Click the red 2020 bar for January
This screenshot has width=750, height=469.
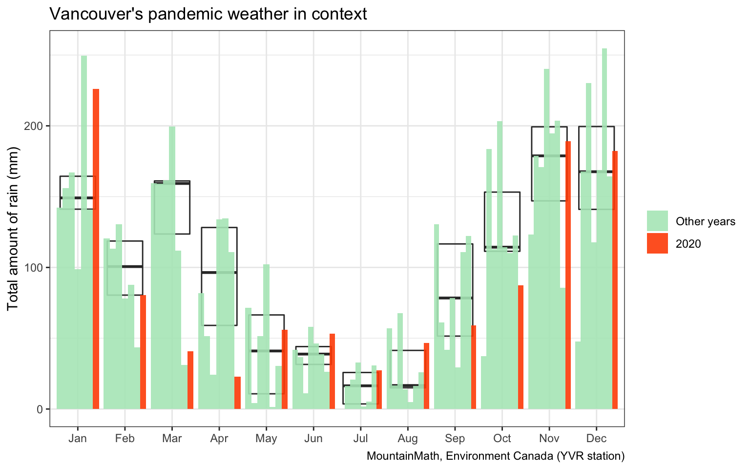coord(96,249)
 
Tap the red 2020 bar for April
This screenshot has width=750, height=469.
coord(238,393)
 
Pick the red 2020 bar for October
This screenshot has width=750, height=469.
coord(521,347)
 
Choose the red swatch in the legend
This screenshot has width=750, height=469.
coord(657,243)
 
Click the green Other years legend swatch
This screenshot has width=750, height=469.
coord(657,221)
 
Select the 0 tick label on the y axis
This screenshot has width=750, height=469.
coord(41,409)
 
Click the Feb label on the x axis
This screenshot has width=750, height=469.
coord(125,438)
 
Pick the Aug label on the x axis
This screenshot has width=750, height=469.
coord(408,438)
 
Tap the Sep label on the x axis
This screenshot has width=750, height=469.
coord(455,438)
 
